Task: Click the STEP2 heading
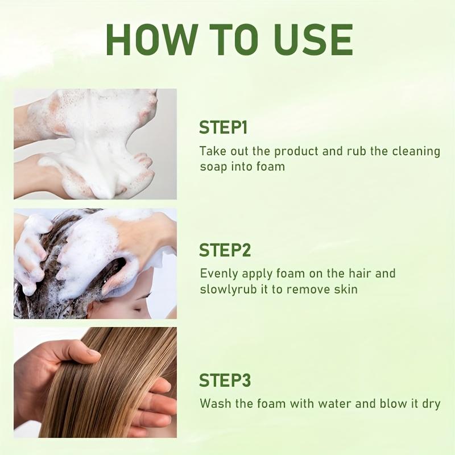pyautogui.click(x=225, y=250)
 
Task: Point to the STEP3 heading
pyautogui.click(x=225, y=380)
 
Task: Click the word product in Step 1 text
pyautogui.click(x=297, y=151)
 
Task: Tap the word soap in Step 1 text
pyautogui.click(x=213, y=167)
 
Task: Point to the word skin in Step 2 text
pyautogui.click(x=346, y=289)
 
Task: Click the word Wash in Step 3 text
pyautogui.click(x=214, y=404)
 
